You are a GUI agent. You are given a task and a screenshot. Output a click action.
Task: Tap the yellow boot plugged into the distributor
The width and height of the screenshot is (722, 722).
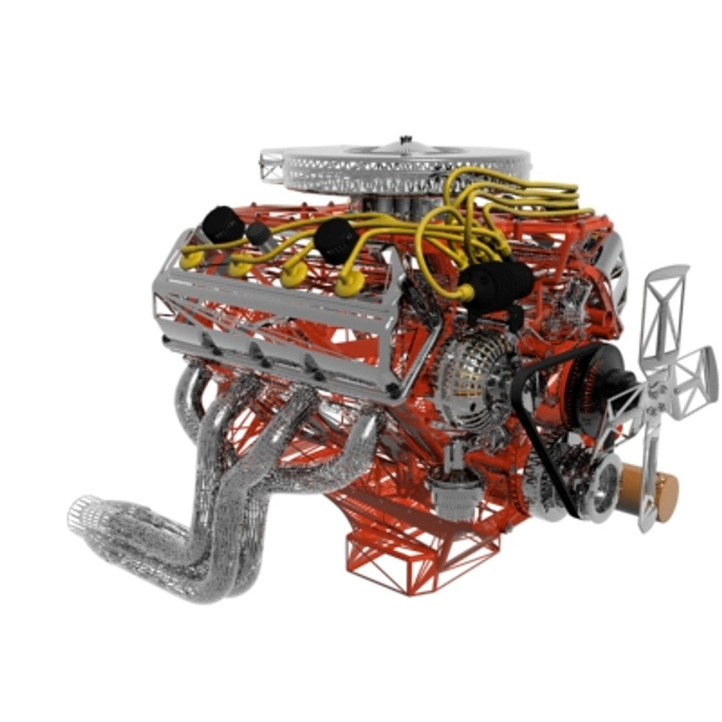point(466,292)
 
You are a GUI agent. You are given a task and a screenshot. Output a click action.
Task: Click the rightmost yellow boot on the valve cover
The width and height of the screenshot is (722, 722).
point(350,284)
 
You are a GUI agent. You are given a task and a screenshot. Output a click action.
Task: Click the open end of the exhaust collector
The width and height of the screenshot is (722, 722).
point(83,515)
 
